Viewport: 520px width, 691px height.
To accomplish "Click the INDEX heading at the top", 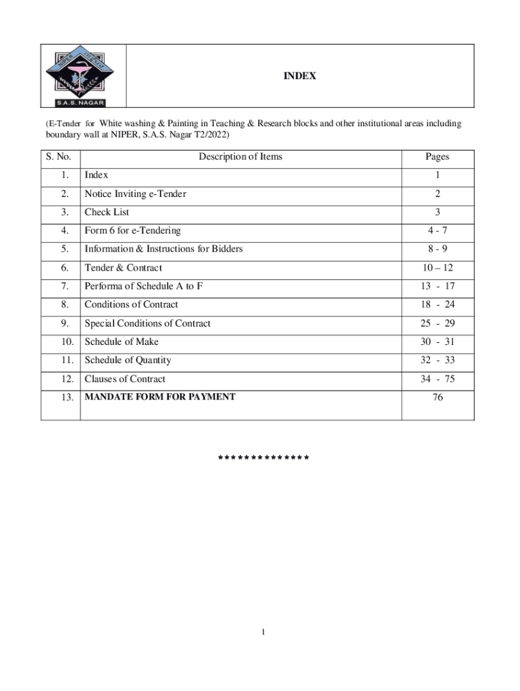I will point(299,77).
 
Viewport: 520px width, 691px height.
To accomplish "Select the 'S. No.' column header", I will point(59,157).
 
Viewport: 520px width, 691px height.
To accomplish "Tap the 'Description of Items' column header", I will point(240,157).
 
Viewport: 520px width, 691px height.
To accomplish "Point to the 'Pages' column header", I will point(437,157).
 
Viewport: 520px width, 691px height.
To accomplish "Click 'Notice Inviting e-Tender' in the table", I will point(135,194).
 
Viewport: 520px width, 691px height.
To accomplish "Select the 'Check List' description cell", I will point(107,213).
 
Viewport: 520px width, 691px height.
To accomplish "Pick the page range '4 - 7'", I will point(437,231).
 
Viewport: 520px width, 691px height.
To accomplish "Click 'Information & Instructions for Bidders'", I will point(163,249).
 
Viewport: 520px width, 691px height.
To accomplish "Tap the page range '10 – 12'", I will point(437,268).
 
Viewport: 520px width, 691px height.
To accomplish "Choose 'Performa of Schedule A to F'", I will point(143,286).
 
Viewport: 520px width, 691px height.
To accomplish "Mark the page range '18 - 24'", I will point(438,305).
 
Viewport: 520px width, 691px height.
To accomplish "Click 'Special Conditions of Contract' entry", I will point(147,323).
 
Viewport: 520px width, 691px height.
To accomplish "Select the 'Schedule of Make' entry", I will point(122,342).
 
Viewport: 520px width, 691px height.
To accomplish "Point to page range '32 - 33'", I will point(438,360).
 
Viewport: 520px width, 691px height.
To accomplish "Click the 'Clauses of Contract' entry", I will point(125,379).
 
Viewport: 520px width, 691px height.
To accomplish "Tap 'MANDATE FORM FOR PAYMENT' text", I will point(160,397).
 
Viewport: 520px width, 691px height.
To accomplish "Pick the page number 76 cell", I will point(438,398).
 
